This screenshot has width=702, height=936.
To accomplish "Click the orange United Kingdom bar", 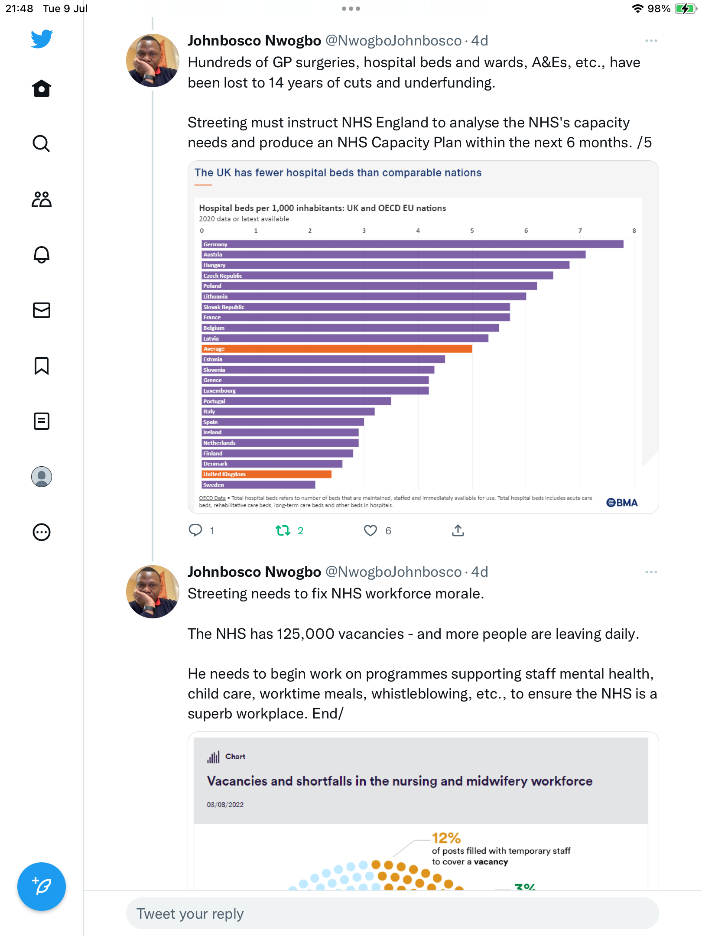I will click(x=266, y=474).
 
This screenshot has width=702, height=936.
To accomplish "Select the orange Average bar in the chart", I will click(x=337, y=349).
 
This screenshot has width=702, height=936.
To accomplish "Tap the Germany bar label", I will click(x=215, y=244).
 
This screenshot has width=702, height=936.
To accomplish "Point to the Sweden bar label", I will click(x=214, y=485).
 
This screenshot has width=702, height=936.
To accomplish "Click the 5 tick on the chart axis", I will click(x=472, y=231).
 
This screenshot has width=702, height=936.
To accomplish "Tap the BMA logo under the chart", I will click(x=622, y=503).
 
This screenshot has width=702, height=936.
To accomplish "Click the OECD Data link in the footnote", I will click(x=212, y=498).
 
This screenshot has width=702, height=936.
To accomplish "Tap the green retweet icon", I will click(x=283, y=530).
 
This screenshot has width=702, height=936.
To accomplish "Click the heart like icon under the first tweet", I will click(x=370, y=530).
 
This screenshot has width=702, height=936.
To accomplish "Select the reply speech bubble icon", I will click(x=195, y=530).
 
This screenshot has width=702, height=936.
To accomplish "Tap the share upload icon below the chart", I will click(x=458, y=530).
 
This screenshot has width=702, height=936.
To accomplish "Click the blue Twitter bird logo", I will click(x=42, y=39).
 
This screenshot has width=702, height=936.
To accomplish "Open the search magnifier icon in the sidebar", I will click(x=42, y=143).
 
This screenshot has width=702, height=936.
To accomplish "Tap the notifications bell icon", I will click(x=42, y=254).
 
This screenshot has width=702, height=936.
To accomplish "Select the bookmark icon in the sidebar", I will click(x=42, y=366).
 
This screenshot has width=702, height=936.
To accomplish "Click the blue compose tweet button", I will click(x=42, y=887).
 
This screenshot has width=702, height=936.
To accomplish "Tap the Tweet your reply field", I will click(x=392, y=913).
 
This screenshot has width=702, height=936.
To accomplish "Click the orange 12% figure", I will click(x=446, y=838).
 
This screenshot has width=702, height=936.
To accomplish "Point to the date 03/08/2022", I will click(x=225, y=805).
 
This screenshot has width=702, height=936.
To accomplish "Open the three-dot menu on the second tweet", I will click(x=651, y=572).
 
